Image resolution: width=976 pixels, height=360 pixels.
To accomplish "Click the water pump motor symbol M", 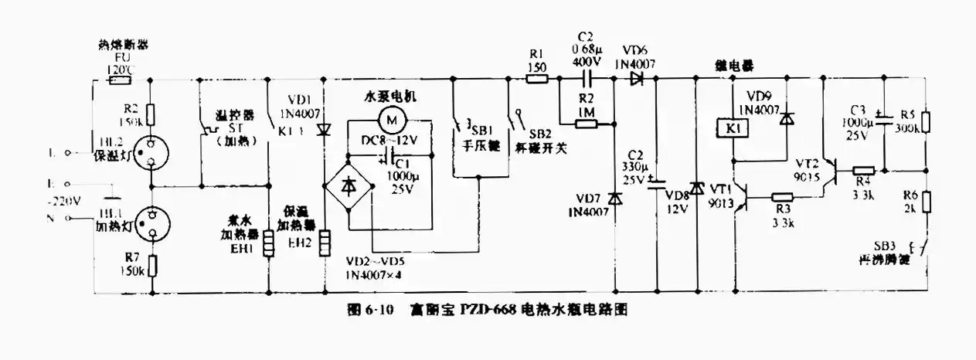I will pos(392,120).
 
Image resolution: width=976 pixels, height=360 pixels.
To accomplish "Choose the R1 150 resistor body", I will pos(536,78).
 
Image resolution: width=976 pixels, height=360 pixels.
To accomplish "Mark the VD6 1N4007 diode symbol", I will pos(638,78).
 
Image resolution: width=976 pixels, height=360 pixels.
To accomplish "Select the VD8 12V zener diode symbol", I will pos(696,188).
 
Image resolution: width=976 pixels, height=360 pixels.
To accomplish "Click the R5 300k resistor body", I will pos(927,122).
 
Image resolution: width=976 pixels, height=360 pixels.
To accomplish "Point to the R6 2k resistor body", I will pos(927,202).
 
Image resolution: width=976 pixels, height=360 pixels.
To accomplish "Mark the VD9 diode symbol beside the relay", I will pos(785,120).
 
